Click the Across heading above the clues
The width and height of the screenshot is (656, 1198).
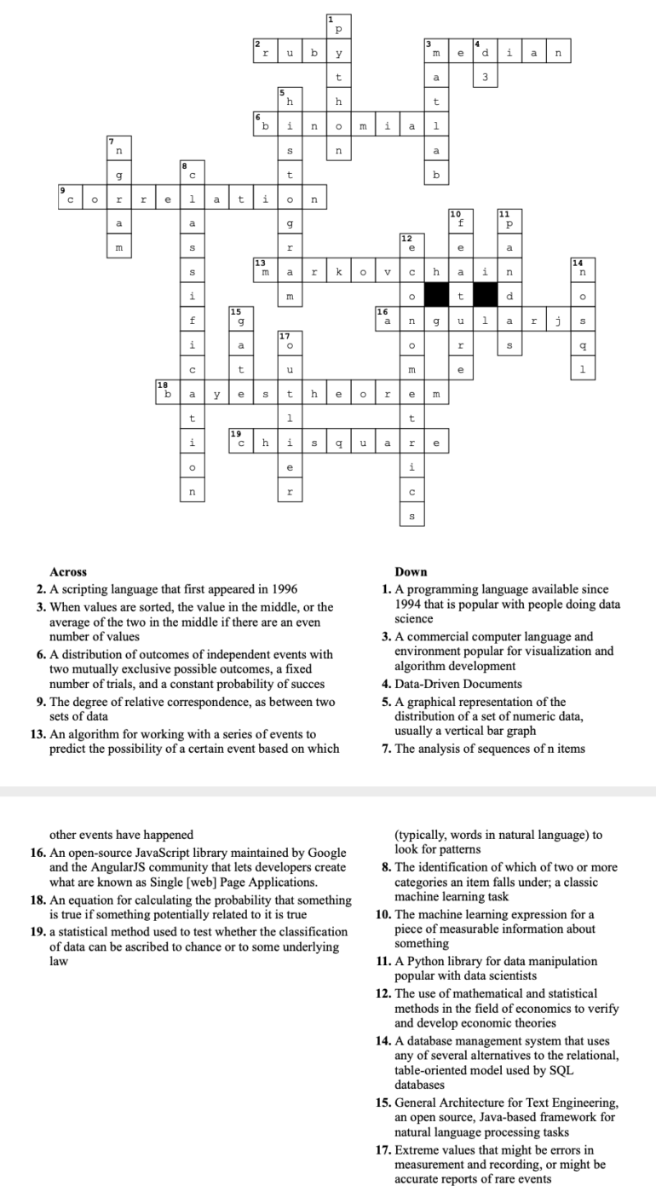pyautogui.click(x=68, y=572)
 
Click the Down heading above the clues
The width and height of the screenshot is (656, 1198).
pyautogui.click(x=411, y=572)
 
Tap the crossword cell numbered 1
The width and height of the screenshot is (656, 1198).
pyautogui.click(x=338, y=26)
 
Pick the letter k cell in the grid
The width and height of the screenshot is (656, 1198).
pyautogui.click(x=338, y=273)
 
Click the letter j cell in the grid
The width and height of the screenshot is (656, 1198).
pyautogui.click(x=558, y=321)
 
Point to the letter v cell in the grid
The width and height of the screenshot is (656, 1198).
pyautogui.click(x=388, y=273)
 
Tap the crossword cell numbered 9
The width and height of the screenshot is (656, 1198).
pyautogui.click(x=70, y=200)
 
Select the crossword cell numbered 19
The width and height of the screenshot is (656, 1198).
pyautogui.click(x=240, y=443)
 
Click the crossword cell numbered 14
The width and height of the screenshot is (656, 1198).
pyautogui.click(x=583, y=273)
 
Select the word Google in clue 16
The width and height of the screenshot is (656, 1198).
pyautogui.click(x=325, y=853)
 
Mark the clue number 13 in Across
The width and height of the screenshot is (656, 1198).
pyautogui.click(x=37, y=734)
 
